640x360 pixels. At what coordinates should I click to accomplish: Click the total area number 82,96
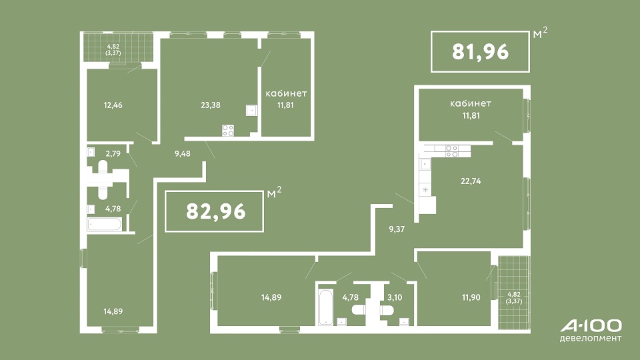coord(216,211)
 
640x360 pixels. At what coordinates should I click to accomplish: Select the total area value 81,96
coord(481,52)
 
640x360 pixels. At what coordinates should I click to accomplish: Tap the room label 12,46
coord(113,105)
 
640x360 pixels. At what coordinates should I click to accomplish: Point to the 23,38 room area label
coord(211,105)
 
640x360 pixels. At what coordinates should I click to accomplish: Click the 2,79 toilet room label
coord(113,154)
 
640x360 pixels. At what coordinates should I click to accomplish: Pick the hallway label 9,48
coord(183,154)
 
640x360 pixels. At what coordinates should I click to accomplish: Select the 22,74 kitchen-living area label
coord(471,181)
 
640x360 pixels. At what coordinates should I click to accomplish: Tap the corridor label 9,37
coord(397,229)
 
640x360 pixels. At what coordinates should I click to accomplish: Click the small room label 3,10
coord(395,297)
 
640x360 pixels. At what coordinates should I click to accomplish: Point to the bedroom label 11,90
coord(471,297)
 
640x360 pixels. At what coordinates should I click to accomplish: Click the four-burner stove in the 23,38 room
coord(228,131)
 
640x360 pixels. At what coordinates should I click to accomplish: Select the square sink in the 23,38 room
coord(252,110)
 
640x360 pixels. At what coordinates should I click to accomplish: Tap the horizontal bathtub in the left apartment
coord(105,225)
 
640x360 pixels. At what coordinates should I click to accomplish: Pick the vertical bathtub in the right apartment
coord(326,307)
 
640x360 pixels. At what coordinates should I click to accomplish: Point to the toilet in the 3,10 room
coord(387,311)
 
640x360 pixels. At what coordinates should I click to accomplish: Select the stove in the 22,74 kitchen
coord(452,151)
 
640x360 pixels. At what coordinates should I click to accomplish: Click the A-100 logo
coord(591,326)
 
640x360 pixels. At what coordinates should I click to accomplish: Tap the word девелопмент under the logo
coord(591,339)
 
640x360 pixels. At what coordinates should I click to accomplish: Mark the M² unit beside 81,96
coord(540,33)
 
